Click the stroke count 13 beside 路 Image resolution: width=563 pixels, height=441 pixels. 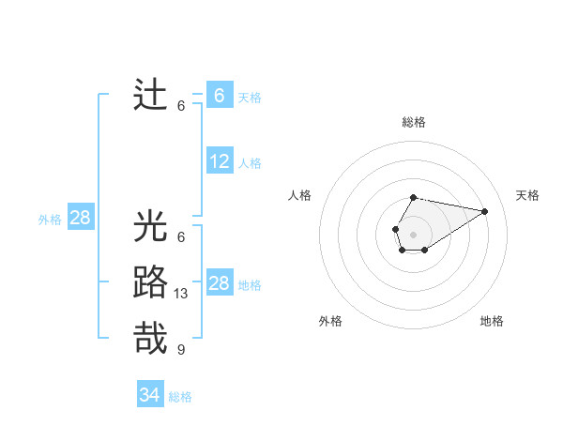[x=181, y=294]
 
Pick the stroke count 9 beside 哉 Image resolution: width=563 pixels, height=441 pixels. [x=181, y=350]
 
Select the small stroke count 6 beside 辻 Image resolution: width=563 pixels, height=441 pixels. [x=181, y=106]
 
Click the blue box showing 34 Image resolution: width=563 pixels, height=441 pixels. [x=150, y=395]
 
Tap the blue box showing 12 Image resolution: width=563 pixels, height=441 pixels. [x=220, y=161]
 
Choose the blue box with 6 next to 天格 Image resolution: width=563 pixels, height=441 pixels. [x=220, y=96]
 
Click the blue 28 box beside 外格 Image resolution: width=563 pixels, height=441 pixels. [x=81, y=219]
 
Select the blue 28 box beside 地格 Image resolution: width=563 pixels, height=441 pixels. [x=220, y=283]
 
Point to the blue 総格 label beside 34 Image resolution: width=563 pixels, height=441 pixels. [x=180, y=397]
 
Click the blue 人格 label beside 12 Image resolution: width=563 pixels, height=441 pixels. [x=250, y=163]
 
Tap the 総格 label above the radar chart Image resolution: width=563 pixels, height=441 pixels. [x=413, y=122]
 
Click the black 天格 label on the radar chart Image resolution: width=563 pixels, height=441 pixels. [x=527, y=195]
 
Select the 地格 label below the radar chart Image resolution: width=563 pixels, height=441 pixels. [x=492, y=321]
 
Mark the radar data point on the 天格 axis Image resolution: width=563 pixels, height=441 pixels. [x=485, y=210]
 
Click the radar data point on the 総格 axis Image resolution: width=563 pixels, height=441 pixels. [x=413, y=197]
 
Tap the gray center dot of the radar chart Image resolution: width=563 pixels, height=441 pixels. [x=413, y=233]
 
